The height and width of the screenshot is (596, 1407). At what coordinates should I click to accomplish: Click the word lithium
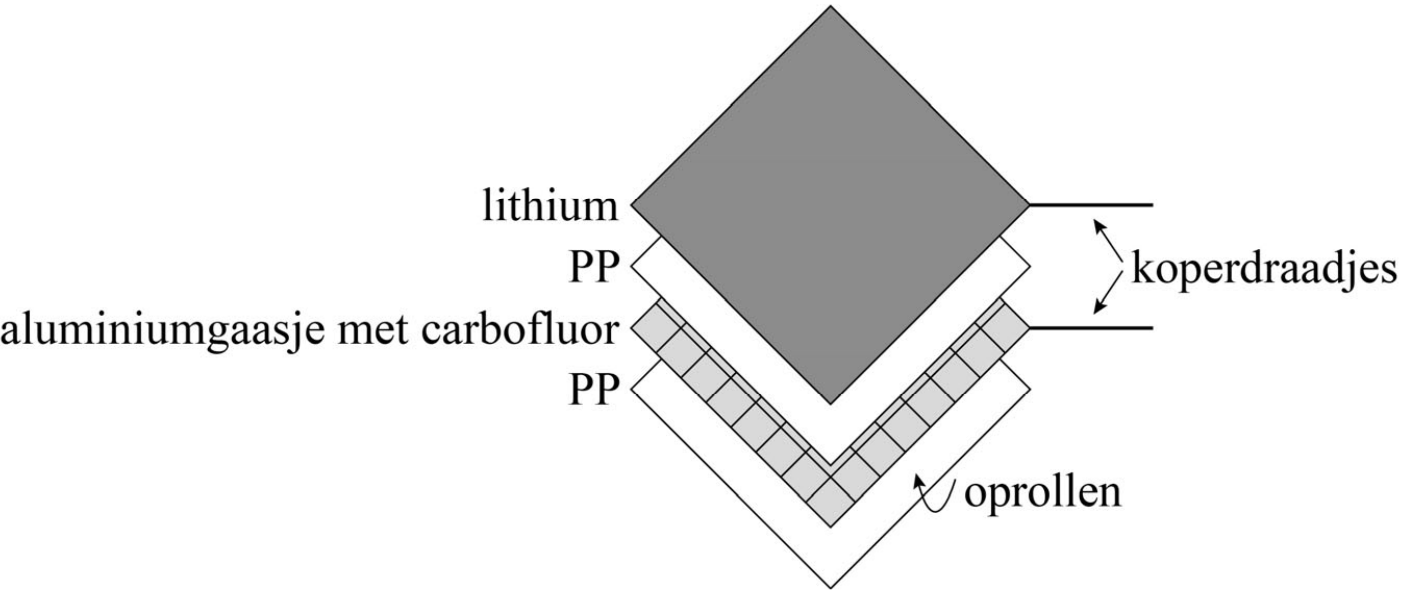point(550,207)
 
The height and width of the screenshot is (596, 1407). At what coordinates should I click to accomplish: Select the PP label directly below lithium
point(594,268)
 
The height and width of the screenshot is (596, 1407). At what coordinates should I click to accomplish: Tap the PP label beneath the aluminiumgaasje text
point(594,389)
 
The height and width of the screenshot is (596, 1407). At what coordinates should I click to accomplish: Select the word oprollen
point(1042,493)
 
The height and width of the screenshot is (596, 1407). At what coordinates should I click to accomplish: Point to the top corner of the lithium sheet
point(830,8)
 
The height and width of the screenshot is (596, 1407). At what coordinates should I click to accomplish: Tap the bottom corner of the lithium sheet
point(830,402)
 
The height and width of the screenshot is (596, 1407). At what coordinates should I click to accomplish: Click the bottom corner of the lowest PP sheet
point(830,586)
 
